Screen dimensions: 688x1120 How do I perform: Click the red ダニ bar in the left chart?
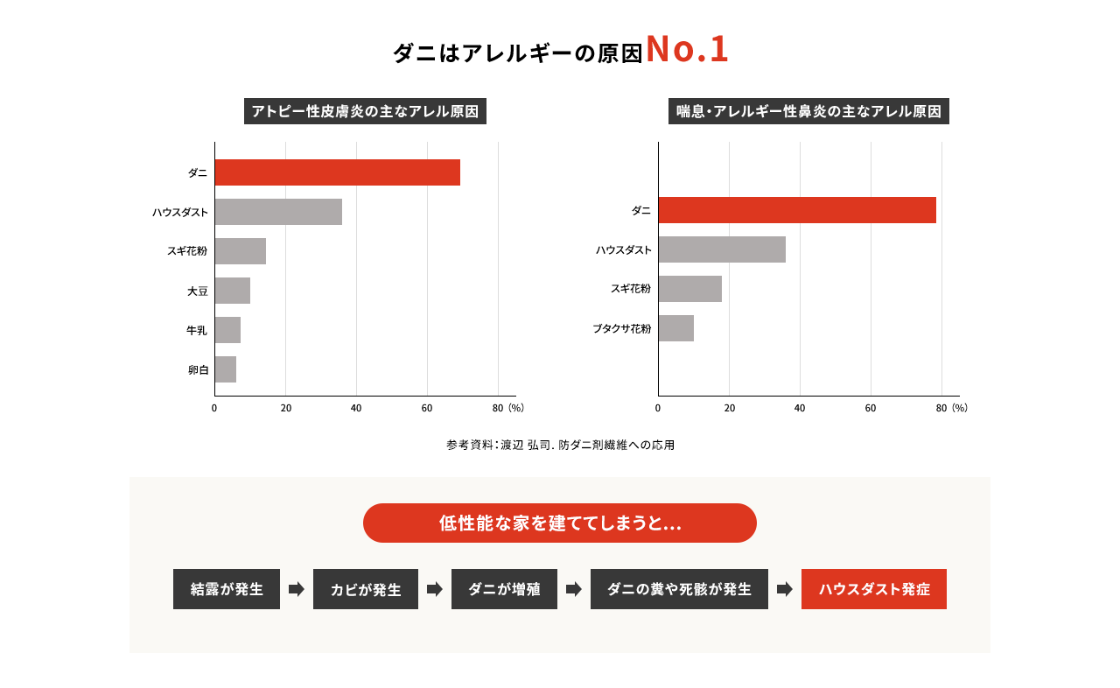point(337,172)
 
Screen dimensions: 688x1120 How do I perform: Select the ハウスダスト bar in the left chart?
point(278,212)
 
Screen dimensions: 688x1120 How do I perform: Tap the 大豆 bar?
point(233,291)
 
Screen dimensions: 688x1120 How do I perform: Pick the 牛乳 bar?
point(227,330)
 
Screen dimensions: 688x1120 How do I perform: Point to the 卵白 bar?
point(226,369)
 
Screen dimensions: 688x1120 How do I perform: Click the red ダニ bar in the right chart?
point(797,210)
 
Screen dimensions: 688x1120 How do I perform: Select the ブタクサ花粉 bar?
point(676,328)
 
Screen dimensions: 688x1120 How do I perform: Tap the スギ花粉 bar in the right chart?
point(690,289)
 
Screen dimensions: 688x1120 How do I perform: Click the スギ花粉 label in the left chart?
point(187,251)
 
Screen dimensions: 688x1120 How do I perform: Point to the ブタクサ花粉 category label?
point(622,328)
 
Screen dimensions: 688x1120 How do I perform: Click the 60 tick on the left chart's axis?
point(427,408)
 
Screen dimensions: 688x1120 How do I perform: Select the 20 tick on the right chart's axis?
point(729,408)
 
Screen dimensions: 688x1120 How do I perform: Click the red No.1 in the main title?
point(687,50)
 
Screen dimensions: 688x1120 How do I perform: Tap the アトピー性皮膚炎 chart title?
point(365,111)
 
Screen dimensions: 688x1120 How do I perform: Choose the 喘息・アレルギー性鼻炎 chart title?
point(809,111)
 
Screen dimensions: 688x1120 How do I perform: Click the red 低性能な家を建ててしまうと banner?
point(560,523)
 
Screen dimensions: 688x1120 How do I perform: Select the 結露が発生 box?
point(227,589)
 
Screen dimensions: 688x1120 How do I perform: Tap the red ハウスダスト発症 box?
point(873,589)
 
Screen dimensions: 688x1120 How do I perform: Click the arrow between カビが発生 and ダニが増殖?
point(435,589)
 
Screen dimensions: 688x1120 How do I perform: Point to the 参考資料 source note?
point(560,445)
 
